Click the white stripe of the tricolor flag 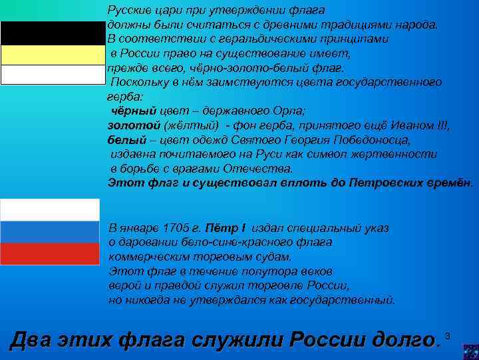pos(50,209)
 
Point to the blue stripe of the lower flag pos(50,232)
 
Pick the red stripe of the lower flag pos(50,254)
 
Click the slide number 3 pos(448,334)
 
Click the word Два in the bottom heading pos(34,340)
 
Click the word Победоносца pos(376,140)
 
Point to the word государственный pos(348,300)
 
